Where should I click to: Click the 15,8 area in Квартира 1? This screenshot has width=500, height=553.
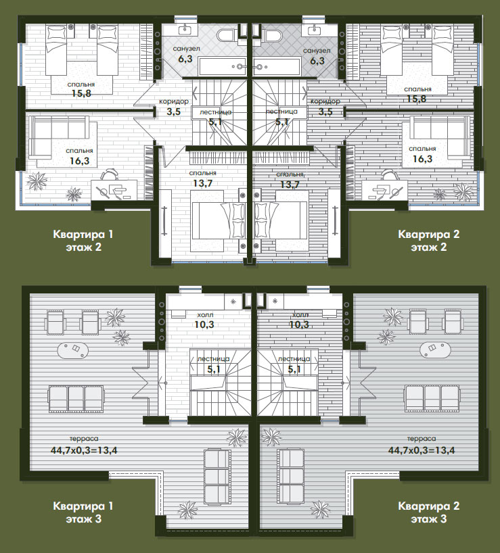tap(81, 93)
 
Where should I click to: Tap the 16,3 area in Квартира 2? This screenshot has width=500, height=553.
tap(422, 159)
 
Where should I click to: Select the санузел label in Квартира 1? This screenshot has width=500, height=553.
tap(186, 49)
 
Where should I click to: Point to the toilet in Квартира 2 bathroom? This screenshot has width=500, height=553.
tap(273, 35)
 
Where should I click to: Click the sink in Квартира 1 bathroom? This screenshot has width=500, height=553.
tap(185, 30)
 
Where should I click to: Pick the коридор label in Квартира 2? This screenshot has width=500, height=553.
tap(325, 101)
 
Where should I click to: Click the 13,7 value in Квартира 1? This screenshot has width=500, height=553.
tap(202, 183)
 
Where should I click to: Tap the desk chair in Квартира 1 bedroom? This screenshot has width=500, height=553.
tap(110, 174)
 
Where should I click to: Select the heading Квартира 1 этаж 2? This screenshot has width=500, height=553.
tap(83, 241)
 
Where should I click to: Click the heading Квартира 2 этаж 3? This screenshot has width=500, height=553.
tap(429, 512)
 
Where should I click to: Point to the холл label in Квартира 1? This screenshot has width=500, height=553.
tap(205, 314)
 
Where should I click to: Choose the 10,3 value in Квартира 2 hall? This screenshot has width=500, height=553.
tap(299, 324)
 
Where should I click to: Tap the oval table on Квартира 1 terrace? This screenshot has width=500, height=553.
tap(73, 351)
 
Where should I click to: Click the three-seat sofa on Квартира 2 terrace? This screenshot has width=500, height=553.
tap(432, 399)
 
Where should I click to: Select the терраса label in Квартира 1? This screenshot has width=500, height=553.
tap(84, 439)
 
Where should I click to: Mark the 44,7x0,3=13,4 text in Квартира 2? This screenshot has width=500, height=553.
tap(422, 450)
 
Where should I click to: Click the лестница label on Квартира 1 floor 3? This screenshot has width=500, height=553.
tap(213, 359)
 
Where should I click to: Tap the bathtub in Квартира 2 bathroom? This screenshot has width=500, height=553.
tap(277, 67)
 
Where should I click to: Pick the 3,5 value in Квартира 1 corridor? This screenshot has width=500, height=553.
tap(174, 112)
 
